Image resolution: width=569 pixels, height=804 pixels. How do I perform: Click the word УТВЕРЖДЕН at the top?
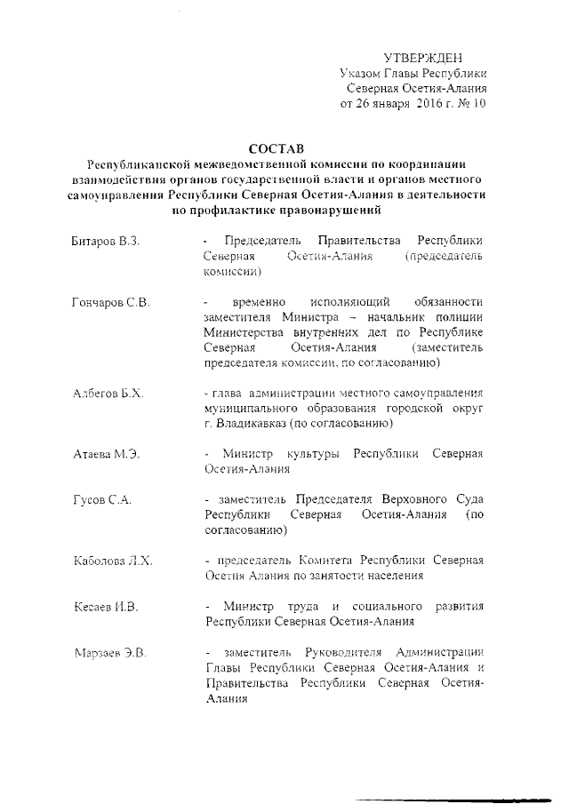click(422, 57)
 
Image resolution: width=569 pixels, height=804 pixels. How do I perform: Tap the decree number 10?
click(479, 104)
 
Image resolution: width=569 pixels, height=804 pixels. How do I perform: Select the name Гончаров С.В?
click(110, 304)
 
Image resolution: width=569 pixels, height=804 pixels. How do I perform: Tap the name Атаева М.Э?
click(106, 454)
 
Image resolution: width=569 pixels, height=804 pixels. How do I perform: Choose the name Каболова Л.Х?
click(113, 561)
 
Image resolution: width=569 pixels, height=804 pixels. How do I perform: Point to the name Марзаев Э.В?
click(109, 654)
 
